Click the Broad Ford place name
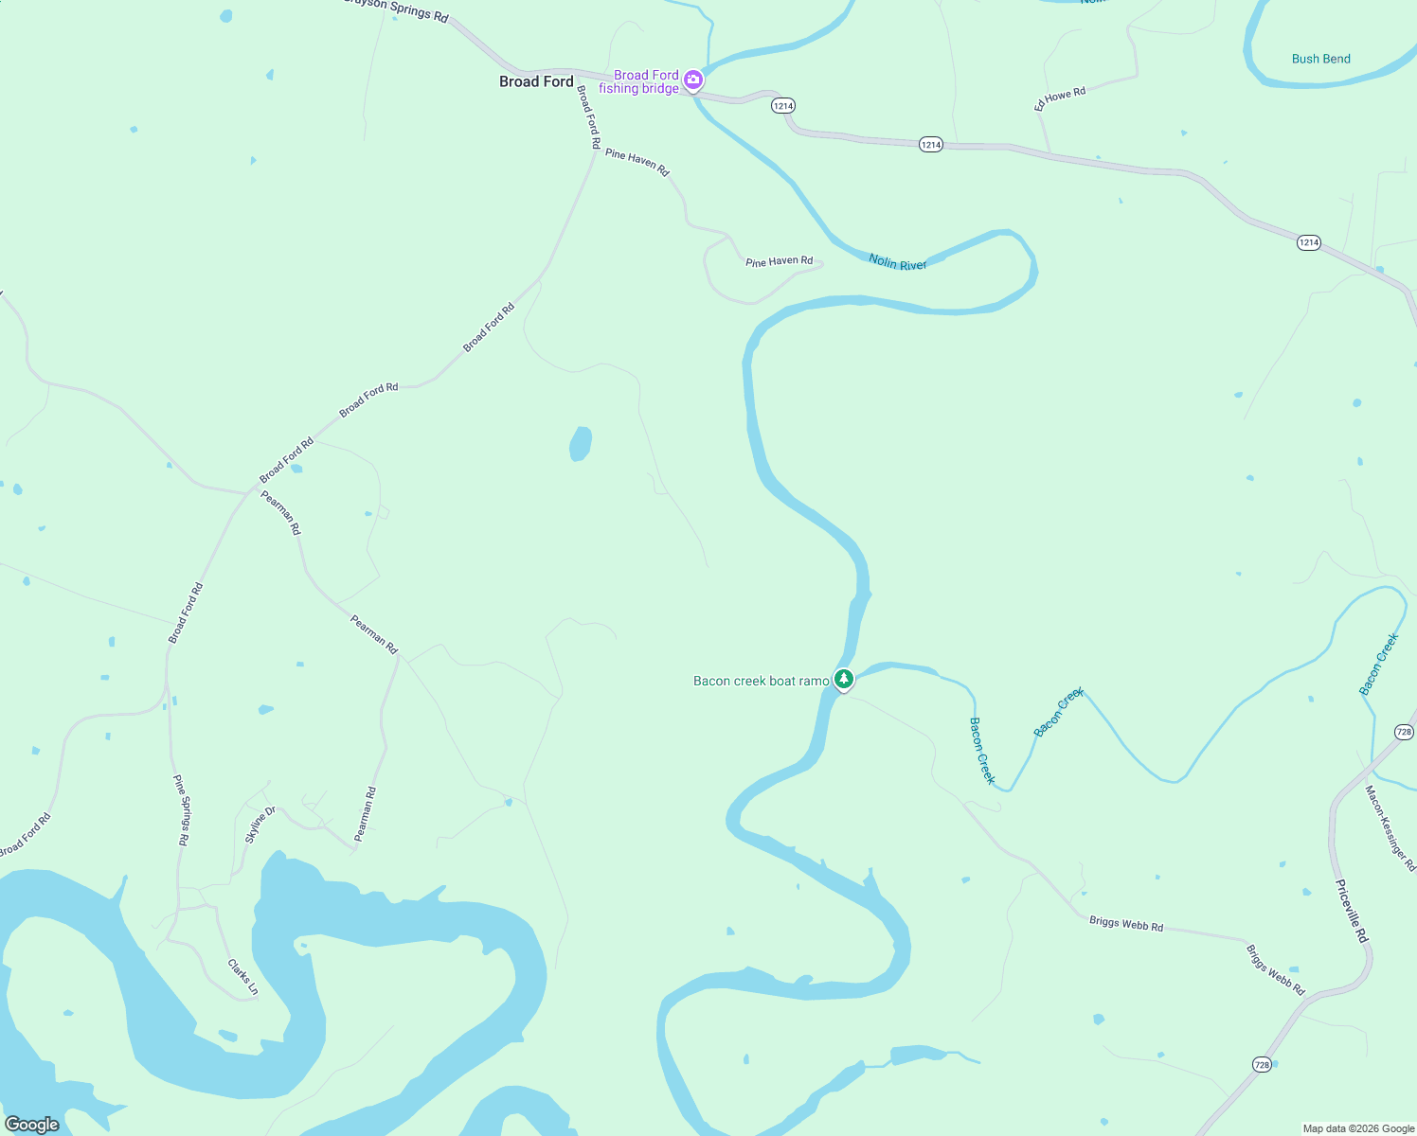tap(536, 82)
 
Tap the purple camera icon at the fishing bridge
tap(693, 80)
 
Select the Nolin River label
tap(898, 262)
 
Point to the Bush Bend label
tap(1320, 59)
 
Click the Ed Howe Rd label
tap(1060, 98)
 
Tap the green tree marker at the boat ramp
tap(843, 679)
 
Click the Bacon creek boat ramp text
tap(761, 681)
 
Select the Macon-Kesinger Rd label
tap(1390, 827)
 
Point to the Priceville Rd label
tap(1352, 911)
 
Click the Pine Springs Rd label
tap(181, 809)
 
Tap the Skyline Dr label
tap(260, 825)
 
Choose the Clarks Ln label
tap(242, 977)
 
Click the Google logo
tap(32, 1125)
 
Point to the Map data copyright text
tap(1358, 1128)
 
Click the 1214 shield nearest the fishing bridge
tap(782, 106)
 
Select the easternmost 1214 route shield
tap(1308, 243)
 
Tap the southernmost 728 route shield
tap(1262, 1065)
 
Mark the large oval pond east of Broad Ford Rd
tap(581, 443)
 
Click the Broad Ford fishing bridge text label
tap(639, 81)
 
